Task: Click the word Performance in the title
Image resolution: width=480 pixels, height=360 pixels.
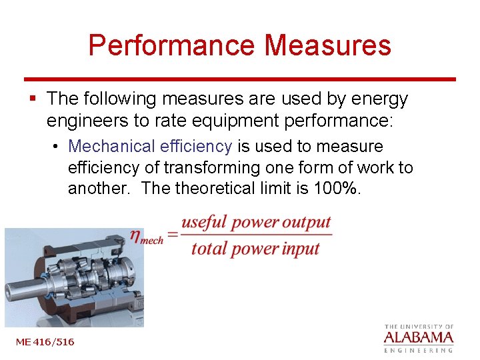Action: (x=171, y=45)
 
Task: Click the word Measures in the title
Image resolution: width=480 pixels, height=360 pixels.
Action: (x=327, y=45)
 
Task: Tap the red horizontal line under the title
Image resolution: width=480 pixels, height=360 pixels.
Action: (x=240, y=79)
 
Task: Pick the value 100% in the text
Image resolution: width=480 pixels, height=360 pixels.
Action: (x=335, y=189)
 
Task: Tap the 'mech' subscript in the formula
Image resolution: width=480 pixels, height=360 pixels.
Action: (x=153, y=241)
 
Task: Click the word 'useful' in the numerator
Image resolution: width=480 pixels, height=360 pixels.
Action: (x=203, y=222)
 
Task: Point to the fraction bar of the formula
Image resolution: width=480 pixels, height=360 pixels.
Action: (x=256, y=235)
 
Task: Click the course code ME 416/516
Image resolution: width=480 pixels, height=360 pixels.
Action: (x=45, y=342)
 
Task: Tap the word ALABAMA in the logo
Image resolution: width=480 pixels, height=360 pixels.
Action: (x=419, y=337)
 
